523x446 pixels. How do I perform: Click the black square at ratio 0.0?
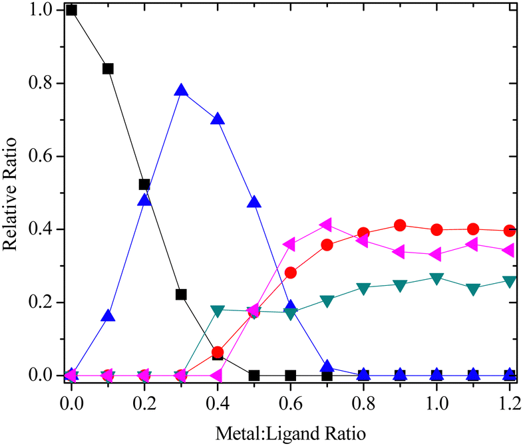pyautogui.click(x=71, y=10)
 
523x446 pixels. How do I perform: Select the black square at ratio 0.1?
pyautogui.click(x=108, y=68)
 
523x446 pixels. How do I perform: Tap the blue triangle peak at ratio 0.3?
pyautogui.click(x=181, y=90)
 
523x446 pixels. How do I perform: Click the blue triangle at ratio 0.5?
pyautogui.click(x=254, y=202)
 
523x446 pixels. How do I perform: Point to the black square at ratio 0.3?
pyautogui.click(x=181, y=294)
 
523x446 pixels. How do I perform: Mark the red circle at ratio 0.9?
pyautogui.click(x=400, y=225)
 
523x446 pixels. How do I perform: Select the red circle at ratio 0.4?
pyautogui.click(x=218, y=352)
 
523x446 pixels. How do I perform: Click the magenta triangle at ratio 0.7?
pyautogui.click(x=326, y=225)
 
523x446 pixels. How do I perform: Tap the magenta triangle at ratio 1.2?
pyautogui.click(x=508, y=251)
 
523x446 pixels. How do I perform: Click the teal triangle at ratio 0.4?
pyautogui.click(x=218, y=310)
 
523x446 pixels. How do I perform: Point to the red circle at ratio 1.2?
pyautogui.click(x=510, y=231)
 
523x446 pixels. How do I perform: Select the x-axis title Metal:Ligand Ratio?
pyautogui.click(x=291, y=434)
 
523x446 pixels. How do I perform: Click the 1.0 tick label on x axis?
pyautogui.click(x=436, y=403)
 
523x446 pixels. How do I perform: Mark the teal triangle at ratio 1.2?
pyautogui.click(x=510, y=282)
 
